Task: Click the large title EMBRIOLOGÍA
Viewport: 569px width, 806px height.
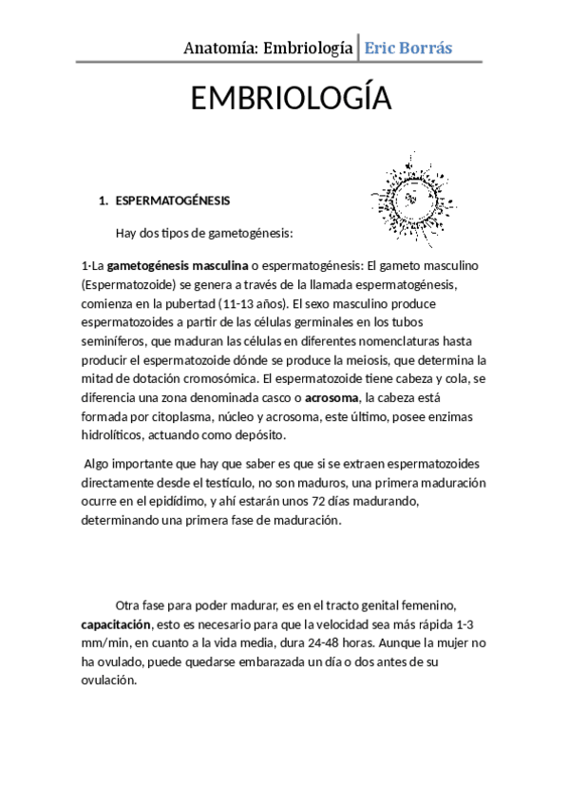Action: point(291,99)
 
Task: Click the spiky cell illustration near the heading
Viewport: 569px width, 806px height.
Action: point(410,197)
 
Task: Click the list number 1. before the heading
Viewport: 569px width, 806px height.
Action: point(104,201)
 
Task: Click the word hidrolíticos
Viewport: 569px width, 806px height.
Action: point(118,435)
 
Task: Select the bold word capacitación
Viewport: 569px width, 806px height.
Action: point(117,624)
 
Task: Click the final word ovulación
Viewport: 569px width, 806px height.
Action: point(110,681)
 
